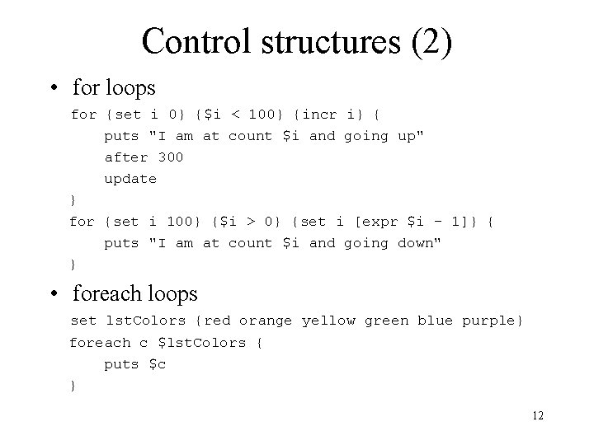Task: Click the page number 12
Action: [538, 416]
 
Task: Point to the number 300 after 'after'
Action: [170, 157]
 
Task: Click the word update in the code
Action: [130, 178]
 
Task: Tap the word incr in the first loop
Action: [321, 114]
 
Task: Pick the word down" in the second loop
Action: [420, 242]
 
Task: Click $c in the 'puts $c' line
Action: [157, 363]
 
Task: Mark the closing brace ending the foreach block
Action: [73, 385]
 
